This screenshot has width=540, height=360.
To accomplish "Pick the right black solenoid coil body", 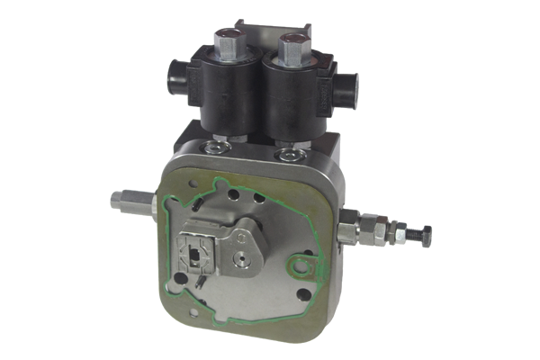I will tap(290, 101).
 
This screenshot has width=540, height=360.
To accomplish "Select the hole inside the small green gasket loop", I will tap(297, 265).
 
